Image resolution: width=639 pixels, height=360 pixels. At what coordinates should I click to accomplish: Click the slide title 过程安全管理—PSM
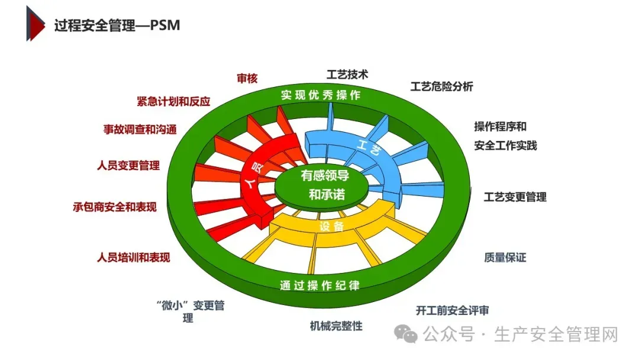point(117,25)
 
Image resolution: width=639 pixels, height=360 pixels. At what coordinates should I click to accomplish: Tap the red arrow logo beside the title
point(35,24)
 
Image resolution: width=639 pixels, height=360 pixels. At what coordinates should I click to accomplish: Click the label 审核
point(247,78)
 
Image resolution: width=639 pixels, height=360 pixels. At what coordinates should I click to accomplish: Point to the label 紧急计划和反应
point(173,101)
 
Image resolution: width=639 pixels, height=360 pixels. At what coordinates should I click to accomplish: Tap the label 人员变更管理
point(128,166)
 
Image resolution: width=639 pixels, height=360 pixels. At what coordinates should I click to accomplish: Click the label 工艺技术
point(347,75)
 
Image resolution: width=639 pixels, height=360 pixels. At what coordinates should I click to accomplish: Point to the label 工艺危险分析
point(442,86)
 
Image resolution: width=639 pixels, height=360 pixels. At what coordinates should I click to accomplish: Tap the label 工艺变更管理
point(515,197)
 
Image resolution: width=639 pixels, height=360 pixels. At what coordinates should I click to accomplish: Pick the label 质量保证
point(505,257)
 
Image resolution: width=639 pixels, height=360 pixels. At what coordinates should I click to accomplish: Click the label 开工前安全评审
point(453,310)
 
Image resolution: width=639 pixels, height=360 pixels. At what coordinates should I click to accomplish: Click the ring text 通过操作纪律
point(319,285)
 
